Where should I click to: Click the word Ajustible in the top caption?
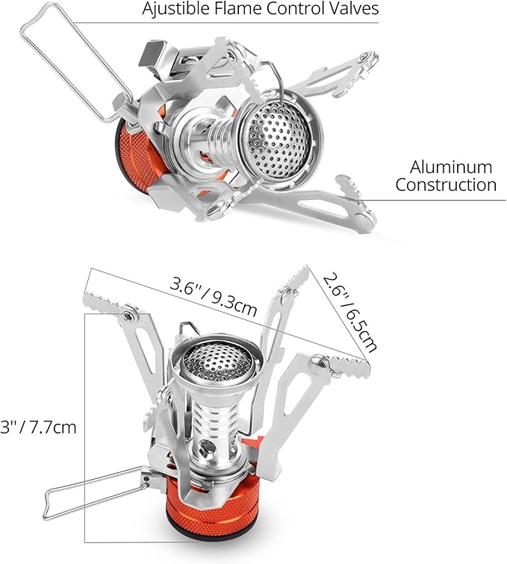tap(175, 9)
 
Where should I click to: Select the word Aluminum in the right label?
tap(451, 167)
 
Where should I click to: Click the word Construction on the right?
tap(446, 184)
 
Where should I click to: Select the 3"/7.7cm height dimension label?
tap(38, 427)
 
